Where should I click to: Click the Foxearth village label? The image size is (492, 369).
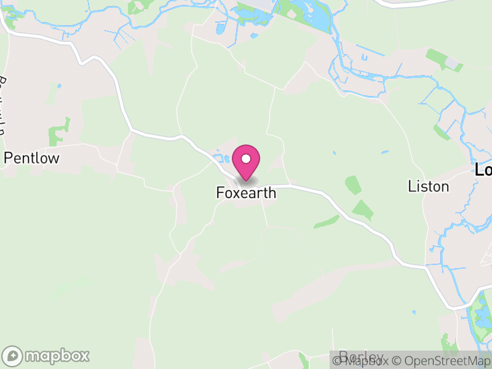click(246, 193)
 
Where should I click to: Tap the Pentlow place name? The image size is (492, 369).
click(31, 158)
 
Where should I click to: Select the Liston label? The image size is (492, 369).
click(428, 186)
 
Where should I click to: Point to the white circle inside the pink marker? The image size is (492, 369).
click(246, 159)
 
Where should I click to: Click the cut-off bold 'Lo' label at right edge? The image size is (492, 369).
click(484, 170)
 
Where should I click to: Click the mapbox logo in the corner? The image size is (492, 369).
click(47, 355)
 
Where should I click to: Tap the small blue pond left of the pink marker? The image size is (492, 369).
click(223, 159)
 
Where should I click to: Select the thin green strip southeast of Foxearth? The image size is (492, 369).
click(326, 221)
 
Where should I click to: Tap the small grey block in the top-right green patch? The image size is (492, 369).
click(453, 64)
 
